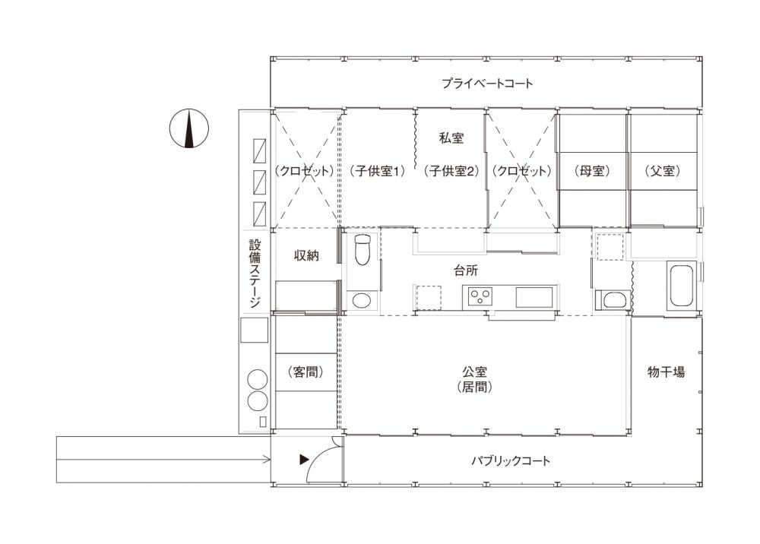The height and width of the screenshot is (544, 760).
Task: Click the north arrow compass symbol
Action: [189, 129]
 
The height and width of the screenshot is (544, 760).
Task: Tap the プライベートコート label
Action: [487, 84]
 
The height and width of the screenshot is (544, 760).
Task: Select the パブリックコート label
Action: [511, 460]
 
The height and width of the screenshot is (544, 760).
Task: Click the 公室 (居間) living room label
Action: [474, 379]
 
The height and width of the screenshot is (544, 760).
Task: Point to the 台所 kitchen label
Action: [466, 270]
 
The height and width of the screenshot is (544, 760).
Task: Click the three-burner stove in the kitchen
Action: [480, 296]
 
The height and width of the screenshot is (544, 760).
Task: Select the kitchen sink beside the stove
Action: [534, 297]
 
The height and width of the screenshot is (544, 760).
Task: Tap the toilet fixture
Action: [362, 249]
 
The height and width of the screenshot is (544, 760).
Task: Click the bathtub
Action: [682, 286]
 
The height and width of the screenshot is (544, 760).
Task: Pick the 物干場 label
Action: [667, 372]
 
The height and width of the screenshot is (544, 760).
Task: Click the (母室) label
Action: [592, 171]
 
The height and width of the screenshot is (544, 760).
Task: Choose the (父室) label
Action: [663, 171]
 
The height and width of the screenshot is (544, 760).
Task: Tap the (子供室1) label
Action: [377, 171]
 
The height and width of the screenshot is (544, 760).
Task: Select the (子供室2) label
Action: [451, 171]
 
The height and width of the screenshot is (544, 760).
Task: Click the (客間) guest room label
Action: [306, 372]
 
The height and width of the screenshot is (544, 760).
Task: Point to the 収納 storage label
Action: [306, 255]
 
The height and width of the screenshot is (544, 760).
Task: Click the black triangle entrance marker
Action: [304, 459]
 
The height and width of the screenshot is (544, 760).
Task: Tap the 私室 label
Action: [451, 138]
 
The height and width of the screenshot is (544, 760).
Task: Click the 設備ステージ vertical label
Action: [255, 274]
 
